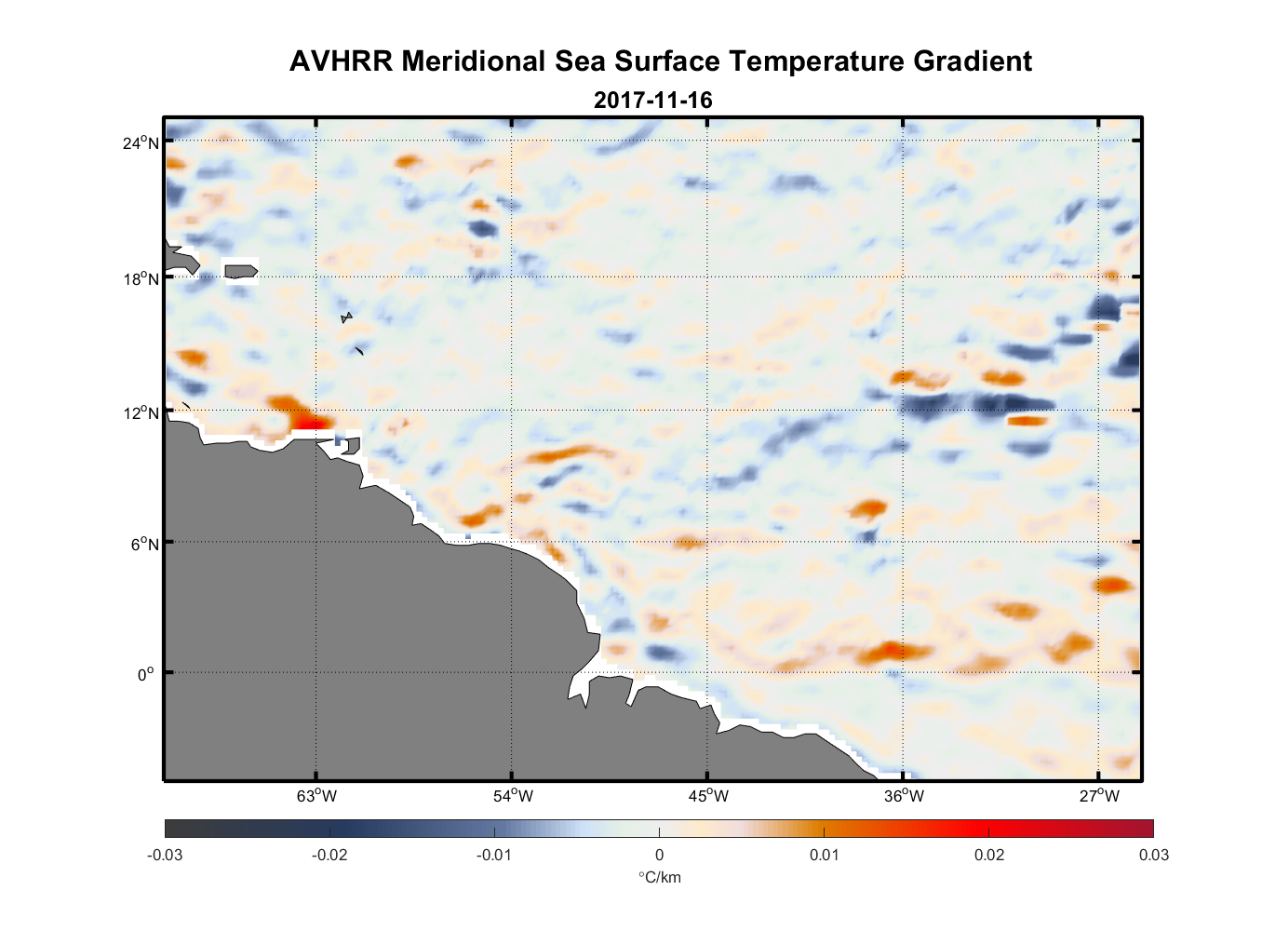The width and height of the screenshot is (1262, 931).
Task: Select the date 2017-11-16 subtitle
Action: pos(652,101)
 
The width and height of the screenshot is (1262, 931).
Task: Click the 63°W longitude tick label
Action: pos(316,796)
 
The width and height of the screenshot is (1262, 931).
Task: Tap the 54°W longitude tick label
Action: pos(513,796)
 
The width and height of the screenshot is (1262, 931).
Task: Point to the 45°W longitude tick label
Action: pos(708,796)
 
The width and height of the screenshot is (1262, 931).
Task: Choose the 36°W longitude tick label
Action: pos(904,796)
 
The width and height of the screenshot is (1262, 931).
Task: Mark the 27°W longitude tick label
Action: pos(1099,796)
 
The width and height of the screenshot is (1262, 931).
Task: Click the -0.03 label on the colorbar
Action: pos(165,856)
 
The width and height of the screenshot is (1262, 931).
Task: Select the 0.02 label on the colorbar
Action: pos(988,856)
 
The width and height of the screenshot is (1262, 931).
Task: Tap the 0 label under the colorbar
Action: pos(659,856)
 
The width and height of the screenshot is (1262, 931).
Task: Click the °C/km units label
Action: pos(659,877)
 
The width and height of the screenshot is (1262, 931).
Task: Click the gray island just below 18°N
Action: pos(240,271)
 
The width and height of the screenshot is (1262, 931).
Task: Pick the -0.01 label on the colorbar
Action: pos(493,856)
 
